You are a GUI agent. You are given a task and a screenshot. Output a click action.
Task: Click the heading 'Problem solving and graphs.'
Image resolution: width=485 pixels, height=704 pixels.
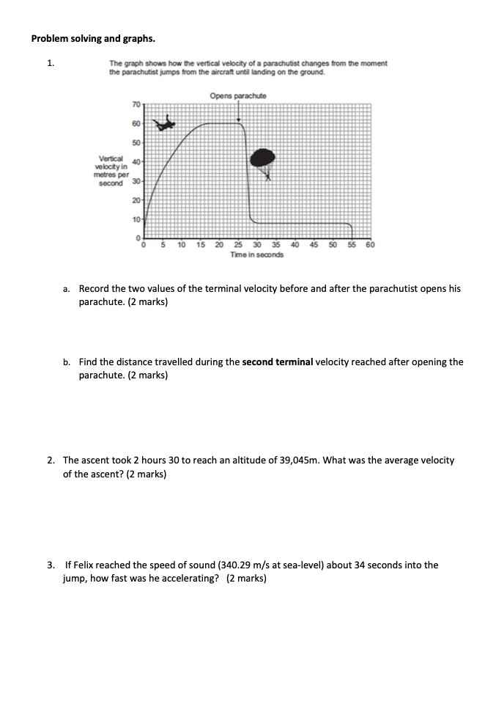(92, 38)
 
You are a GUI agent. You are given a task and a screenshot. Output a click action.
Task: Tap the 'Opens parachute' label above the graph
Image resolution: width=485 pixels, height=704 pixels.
(238, 96)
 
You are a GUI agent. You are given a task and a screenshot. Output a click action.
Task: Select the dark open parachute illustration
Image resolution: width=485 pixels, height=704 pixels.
(262, 158)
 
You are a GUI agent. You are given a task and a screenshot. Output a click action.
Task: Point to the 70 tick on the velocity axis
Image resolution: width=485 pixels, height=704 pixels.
(136, 106)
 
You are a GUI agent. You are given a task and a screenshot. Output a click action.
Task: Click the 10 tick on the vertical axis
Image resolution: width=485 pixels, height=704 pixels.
(136, 219)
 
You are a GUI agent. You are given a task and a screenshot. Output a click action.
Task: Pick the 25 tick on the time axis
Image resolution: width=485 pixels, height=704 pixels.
(238, 245)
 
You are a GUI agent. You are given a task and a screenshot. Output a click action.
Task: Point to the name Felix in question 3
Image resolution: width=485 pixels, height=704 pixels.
(84, 565)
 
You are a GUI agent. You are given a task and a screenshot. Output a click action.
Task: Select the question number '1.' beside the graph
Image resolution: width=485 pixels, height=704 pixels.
(51, 63)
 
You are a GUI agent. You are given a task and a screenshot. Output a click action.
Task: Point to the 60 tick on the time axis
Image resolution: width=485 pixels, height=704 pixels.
(370, 245)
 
